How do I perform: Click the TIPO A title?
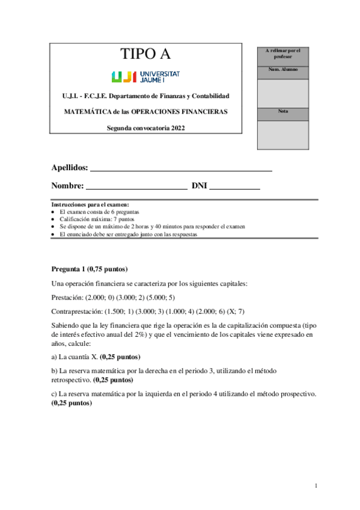[145, 55]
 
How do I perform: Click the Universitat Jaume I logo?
[145, 76]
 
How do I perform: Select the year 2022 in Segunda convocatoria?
[175, 127]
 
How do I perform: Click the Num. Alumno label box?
[282, 70]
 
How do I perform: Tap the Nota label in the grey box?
[282, 111]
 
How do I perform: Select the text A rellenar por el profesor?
[282, 53]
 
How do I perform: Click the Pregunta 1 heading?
[89, 269]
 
